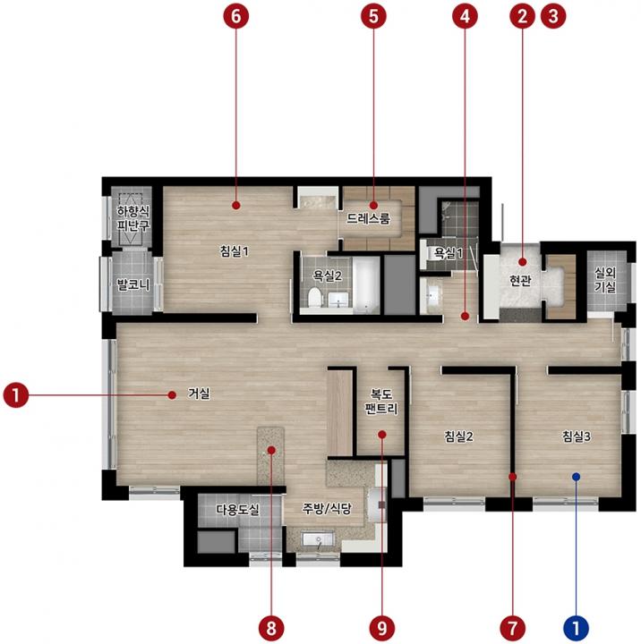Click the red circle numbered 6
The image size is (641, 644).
coord(236,16)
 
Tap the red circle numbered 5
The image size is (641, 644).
coord(373,16)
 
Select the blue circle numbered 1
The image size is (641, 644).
coord(576,628)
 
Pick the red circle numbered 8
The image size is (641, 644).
coord(271,628)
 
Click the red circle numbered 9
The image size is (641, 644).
coord(382,628)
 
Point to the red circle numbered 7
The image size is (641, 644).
coord(513,628)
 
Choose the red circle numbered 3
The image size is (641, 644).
coord(553,16)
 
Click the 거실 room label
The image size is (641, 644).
coord(199,394)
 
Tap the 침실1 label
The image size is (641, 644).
coord(235,251)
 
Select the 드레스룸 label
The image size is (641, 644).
coord(369,218)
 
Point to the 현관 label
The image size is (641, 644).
coord(520,281)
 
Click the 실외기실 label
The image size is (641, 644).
coord(605,280)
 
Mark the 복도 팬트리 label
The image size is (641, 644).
coord(381,402)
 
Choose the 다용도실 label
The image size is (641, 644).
coord(237,510)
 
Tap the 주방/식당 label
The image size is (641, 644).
coord(327,509)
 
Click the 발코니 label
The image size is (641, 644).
coord(133,284)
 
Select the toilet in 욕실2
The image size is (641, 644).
coord(314,297)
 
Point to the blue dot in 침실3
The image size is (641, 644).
coord(576,477)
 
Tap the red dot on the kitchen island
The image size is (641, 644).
coord(271,450)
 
